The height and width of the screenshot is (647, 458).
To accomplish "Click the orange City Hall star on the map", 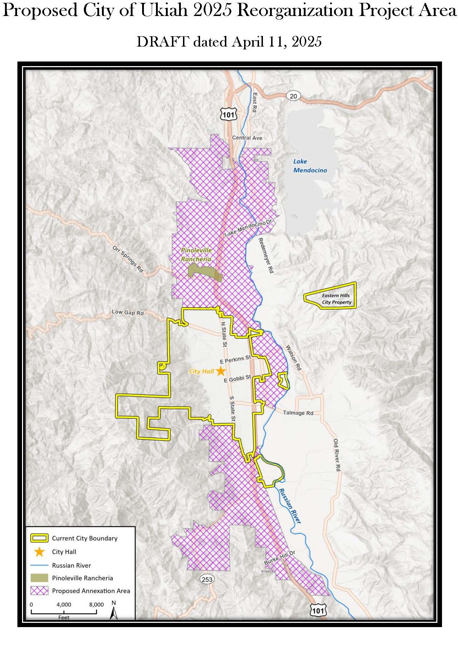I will [x=221, y=371].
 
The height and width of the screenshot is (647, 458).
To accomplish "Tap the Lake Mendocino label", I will [x=309, y=166].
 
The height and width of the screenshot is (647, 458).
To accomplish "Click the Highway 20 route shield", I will [x=293, y=96].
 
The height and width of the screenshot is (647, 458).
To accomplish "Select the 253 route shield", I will [x=207, y=579].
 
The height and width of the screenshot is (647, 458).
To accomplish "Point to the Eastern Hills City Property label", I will [x=336, y=299].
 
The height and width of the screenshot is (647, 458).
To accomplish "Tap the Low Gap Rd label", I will [x=128, y=312].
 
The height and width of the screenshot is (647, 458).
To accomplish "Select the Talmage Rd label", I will [x=298, y=413].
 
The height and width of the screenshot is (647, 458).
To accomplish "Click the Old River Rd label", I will [x=336, y=455].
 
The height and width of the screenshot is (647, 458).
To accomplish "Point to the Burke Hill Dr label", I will [x=280, y=557].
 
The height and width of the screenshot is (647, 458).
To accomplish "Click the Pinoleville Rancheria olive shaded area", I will [x=203, y=272].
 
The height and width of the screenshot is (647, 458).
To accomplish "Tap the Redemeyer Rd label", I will [x=266, y=255].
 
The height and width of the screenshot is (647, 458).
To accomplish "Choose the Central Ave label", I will [x=247, y=138].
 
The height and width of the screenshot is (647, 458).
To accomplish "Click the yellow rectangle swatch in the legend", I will [x=39, y=538].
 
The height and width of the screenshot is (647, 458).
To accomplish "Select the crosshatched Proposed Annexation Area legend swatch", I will [x=39, y=590].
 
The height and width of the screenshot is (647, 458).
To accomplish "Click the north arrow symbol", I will [x=114, y=613].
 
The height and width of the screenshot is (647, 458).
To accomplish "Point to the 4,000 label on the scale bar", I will [x=64, y=604].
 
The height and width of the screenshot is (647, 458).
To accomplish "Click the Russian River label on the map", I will [x=290, y=506].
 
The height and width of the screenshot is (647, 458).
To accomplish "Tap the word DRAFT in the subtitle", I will [x=162, y=42].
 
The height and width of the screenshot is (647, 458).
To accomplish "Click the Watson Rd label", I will [x=293, y=358].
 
